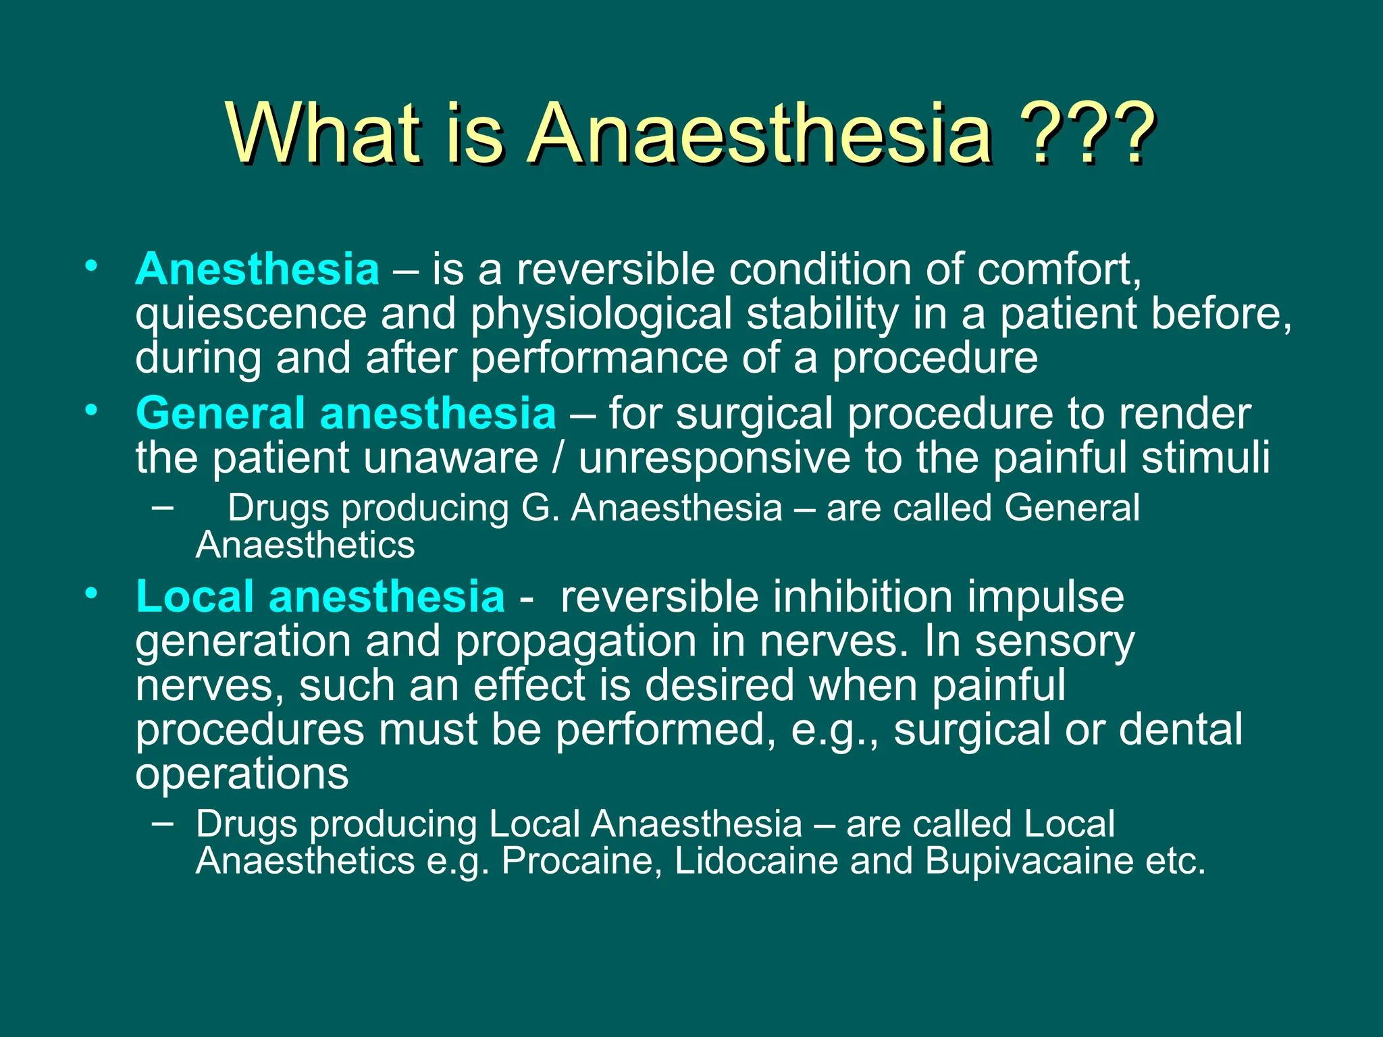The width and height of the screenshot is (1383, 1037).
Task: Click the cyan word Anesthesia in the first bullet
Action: [x=257, y=269]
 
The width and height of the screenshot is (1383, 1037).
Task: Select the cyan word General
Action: [x=220, y=413]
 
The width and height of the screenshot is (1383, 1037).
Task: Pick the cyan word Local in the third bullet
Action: [x=195, y=597]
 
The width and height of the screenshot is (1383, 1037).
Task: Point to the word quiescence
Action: [x=251, y=315]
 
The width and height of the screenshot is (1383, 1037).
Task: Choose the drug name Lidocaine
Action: [x=756, y=861]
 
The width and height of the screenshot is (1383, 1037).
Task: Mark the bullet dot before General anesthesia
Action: [x=92, y=410]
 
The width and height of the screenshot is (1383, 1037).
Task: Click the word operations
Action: [x=242, y=774]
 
